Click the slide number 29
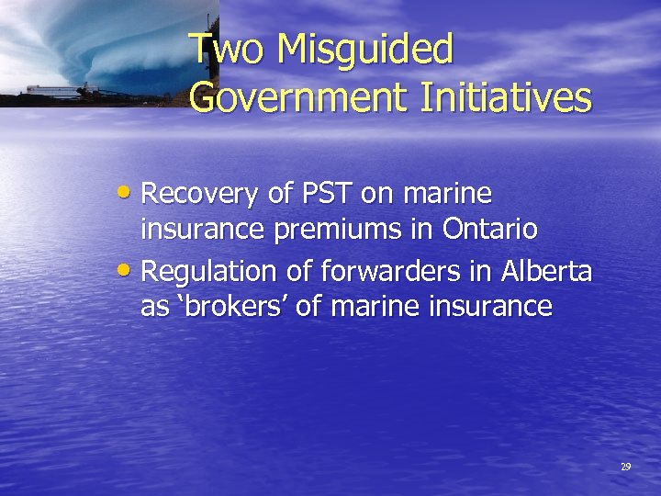coord(625,468)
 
